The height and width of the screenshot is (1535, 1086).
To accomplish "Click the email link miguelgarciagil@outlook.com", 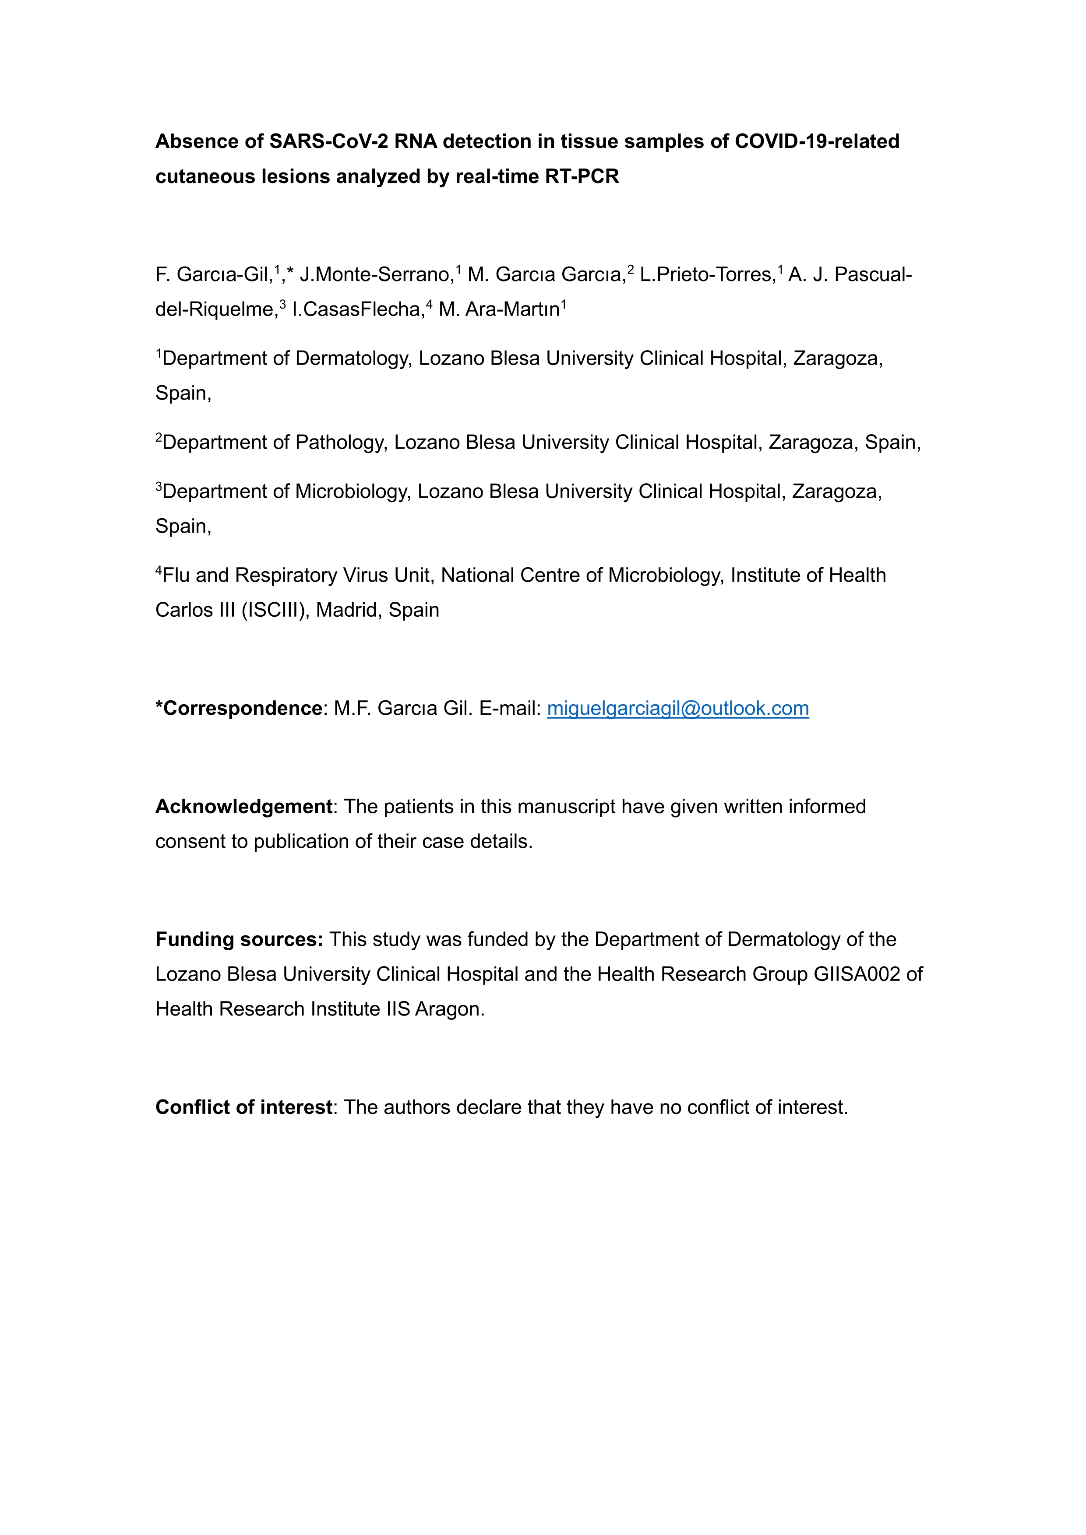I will click(677, 708).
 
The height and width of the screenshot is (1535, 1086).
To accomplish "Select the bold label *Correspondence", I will click(239, 708).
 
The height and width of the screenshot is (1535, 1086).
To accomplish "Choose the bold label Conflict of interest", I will click(243, 1107).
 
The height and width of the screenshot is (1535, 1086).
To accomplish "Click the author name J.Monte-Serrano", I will click(377, 275).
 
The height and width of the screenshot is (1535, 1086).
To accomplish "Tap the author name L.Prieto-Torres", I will click(707, 275).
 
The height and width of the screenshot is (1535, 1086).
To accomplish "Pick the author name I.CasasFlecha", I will click(358, 309).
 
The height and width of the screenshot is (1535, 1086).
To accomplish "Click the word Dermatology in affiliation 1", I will click(353, 358).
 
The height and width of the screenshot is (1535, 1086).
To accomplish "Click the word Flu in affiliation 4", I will click(176, 575).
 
